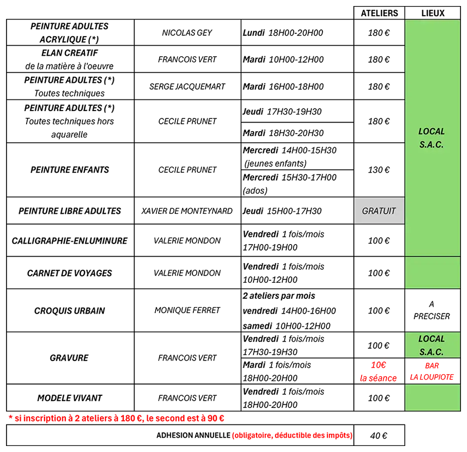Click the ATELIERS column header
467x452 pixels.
(379, 13)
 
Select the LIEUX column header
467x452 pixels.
(433, 13)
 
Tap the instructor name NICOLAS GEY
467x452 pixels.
(187, 33)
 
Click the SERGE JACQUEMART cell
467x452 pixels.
(187, 86)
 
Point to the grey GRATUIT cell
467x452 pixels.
(379, 210)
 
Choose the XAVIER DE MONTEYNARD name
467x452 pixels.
(187, 210)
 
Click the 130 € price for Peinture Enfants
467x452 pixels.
(379, 170)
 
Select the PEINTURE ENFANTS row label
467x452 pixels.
(70, 170)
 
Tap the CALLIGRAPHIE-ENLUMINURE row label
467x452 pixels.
(70, 241)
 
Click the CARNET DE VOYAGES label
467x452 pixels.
(70, 273)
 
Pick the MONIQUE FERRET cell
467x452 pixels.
(187, 310)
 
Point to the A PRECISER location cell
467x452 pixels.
(432, 310)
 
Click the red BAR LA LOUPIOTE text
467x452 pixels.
(432, 371)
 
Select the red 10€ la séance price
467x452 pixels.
(378, 371)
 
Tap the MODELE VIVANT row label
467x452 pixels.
(70, 398)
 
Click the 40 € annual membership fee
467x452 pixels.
(379, 435)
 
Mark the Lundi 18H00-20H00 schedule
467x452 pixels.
(283, 33)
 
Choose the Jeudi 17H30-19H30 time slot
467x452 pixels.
(282, 111)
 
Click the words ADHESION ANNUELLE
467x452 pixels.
(193, 435)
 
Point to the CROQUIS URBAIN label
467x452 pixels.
(70, 311)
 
